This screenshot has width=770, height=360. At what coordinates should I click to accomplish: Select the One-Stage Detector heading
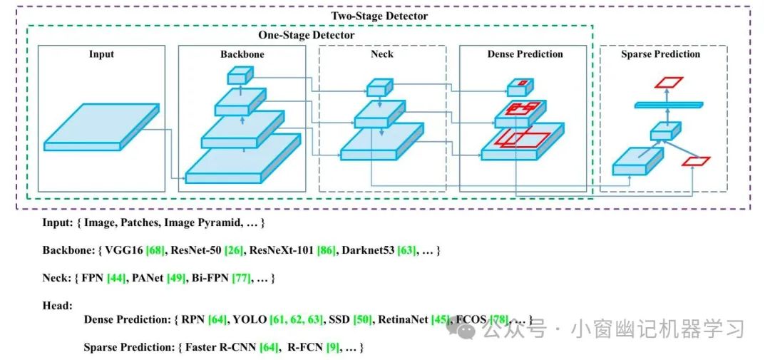(x=306, y=35)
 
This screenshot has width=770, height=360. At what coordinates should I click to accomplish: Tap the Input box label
(x=101, y=54)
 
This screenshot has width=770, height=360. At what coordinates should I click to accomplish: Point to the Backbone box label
(x=242, y=54)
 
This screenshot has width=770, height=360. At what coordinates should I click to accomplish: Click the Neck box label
(x=382, y=54)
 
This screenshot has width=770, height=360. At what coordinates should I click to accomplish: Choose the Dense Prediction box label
(x=525, y=54)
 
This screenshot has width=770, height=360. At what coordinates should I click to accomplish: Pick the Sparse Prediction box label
(x=660, y=54)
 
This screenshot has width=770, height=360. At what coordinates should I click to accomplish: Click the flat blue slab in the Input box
(x=93, y=126)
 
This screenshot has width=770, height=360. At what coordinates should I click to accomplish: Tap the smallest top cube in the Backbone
(x=240, y=75)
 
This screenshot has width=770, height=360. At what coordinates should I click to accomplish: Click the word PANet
(x=148, y=277)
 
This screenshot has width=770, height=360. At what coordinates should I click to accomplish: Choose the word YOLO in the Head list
(x=250, y=321)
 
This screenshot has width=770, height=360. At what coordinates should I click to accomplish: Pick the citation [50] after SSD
(x=362, y=321)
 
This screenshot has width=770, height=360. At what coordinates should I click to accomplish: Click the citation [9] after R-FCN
(x=332, y=348)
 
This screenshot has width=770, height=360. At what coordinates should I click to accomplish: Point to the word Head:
(x=57, y=305)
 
